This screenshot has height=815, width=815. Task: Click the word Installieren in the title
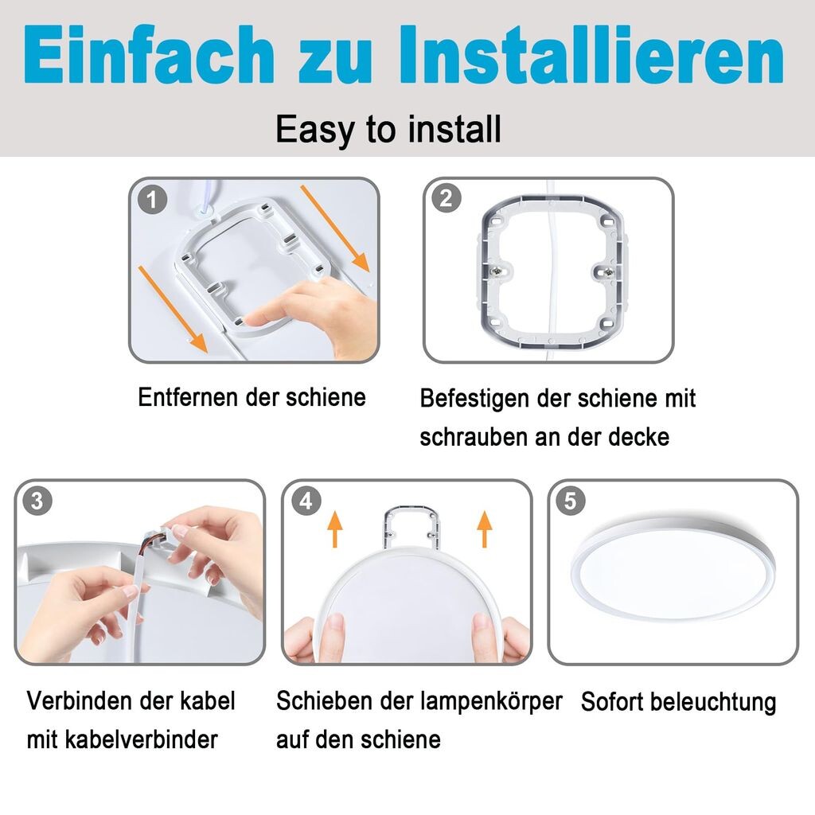[x=591, y=55]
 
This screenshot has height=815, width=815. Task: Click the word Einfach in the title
[x=150, y=55]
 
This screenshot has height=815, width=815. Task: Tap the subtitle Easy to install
[x=388, y=130]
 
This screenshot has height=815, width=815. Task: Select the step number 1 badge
[x=152, y=200]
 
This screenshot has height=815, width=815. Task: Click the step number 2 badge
[x=446, y=198]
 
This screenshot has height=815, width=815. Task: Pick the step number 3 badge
[x=37, y=501]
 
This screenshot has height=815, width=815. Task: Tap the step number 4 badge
[x=306, y=501]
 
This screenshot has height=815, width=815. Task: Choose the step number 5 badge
[x=571, y=501]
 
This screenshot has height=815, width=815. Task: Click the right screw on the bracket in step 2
[x=607, y=271]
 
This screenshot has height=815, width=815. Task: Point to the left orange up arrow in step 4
[x=335, y=528]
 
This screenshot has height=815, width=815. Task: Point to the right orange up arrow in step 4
[x=485, y=528]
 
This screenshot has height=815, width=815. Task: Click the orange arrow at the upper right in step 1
[x=335, y=228]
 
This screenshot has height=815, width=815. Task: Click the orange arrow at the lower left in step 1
[x=173, y=310]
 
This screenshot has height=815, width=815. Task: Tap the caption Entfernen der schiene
[x=252, y=398]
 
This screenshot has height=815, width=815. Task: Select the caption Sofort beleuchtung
[x=678, y=702]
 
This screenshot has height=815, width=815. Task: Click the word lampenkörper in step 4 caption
[x=492, y=702]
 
